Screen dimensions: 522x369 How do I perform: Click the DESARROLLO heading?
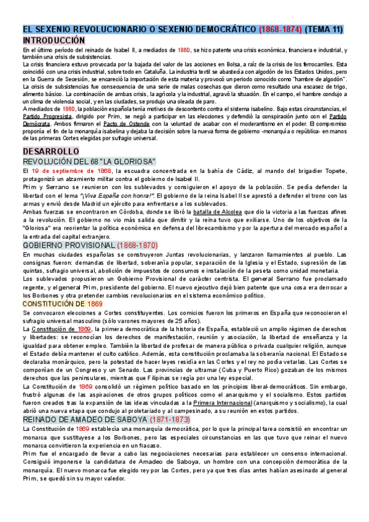pyautogui.click(x=50, y=151)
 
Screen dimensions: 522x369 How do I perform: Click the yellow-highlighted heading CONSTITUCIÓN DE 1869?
pyautogui.click(x=62, y=303)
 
